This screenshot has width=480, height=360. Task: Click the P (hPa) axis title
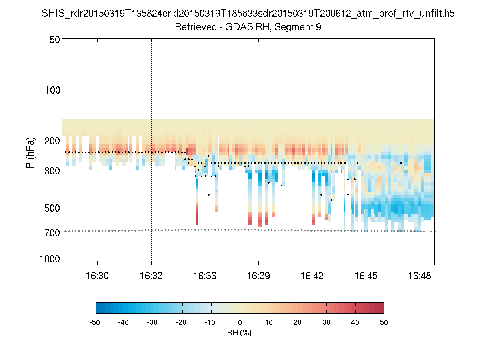[30, 153]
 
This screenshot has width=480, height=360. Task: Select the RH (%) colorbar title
[240, 332]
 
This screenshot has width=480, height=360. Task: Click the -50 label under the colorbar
[95, 322]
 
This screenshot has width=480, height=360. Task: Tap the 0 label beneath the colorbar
[240, 322]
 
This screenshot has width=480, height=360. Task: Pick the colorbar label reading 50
[384, 322]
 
